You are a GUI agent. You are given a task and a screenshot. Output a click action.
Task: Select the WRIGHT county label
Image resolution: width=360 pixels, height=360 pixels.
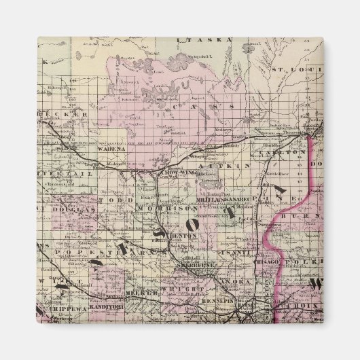tap(190, 289)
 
